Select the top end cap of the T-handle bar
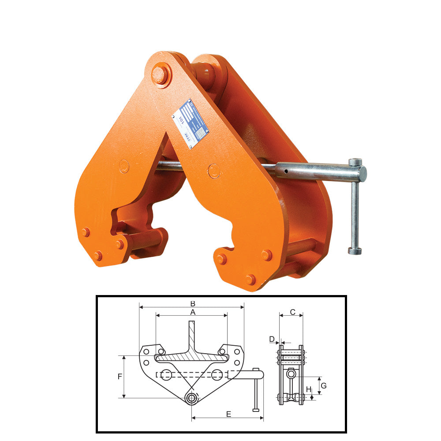pyautogui.click(x=355, y=162)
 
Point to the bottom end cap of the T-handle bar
pyautogui.click(x=355, y=251)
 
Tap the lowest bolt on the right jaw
pyautogui.click(x=250, y=279)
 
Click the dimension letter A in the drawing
pyautogui.click(x=192, y=312)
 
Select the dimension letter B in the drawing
pyautogui.click(x=192, y=303)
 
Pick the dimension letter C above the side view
pyautogui.click(x=292, y=312)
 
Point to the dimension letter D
pyautogui.click(x=272, y=339)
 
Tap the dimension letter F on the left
pyautogui.click(x=120, y=377)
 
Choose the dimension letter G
pyautogui.click(x=324, y=385)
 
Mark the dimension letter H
pyautogui.click(x=309, y=389)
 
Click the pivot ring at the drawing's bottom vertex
pyautogui.click(x=191, y=399)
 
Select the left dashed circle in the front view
pyautogui.click(x=166, y=375)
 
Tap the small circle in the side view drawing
pyautogui.click(x=291, y=374)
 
